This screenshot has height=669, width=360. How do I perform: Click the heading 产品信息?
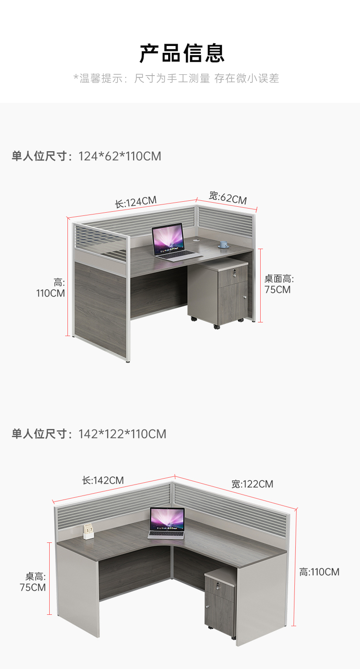pyautogui.click(x=182, y=53)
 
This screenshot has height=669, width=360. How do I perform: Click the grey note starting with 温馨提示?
pyautogui.click(x=176, y=78)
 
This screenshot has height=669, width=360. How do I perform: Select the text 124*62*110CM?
pyautogui.click(x=120, y=156)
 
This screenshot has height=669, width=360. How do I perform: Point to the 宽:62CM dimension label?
pyautogui.click(x=227, y=198)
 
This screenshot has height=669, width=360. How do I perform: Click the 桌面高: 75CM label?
pyautogui.click(x=279, y=284)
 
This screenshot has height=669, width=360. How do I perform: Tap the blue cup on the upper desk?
pyautogui.click(x=223, y=244)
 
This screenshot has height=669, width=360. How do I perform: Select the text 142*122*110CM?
pyautogui.click(x=122, y=434)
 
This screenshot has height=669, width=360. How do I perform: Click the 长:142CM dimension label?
pyautogui.click(x=103, y=480)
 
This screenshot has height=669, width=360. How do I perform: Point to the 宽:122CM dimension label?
pyautogui.click(x=252, y=484)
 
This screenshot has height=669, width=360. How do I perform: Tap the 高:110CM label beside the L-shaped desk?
pyautogui.click(x=319, y=572)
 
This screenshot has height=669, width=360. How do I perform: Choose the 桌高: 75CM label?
pyautogui.click(x=33, y=582)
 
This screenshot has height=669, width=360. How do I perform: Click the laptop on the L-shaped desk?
pyautogui.click(x=167, y=523)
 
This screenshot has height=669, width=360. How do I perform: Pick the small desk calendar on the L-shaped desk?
pyautogui.click(x=88, y=531)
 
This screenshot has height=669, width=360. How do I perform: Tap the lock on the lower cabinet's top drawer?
pyautogui.click(x=217, y=585)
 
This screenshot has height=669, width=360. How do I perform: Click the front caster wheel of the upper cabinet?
pyautogui.click(x=216, y=327)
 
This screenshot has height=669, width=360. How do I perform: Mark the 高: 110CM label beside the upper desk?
pyautogui.click(x=51, y=288)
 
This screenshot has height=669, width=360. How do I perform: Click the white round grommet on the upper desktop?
pyautogui.click(x=196, y=240)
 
